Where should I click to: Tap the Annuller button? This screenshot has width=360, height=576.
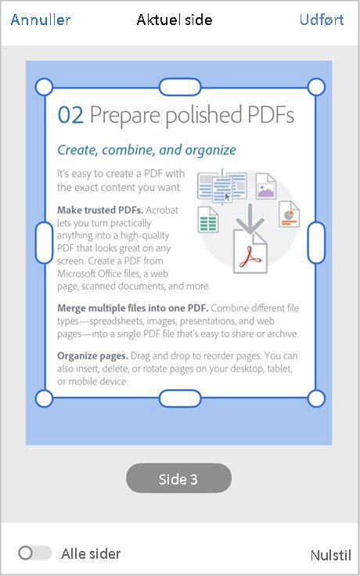pyautogui.click(x=41, y=20)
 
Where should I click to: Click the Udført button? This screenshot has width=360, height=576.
pyautogui.click(x=321, y=20)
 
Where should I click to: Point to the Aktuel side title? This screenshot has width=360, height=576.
pyautogui.click(x=174, y=20)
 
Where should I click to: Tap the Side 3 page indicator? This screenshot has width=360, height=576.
pyautogui.click(x=178, y=478)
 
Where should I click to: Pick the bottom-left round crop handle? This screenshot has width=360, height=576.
pyautogui.click(x=45, y=398)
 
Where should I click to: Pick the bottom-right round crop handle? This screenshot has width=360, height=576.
pyautogui.click(x=316, y=398)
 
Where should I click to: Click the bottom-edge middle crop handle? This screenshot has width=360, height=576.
pyautogui.click(x=180, y=398)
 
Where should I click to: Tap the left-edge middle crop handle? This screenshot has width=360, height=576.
pyautogui.click(x=45, y=242)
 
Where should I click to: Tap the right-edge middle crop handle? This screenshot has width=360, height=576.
pyautogui.click(x=316, y=242)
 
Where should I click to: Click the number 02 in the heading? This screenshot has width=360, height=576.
pyautogui.click(x=70, y=116)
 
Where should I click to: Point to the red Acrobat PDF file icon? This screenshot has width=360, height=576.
pyautogui.click(x=250, y=253)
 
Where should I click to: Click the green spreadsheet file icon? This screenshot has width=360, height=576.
pyautogui.click(x=208, y=220)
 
